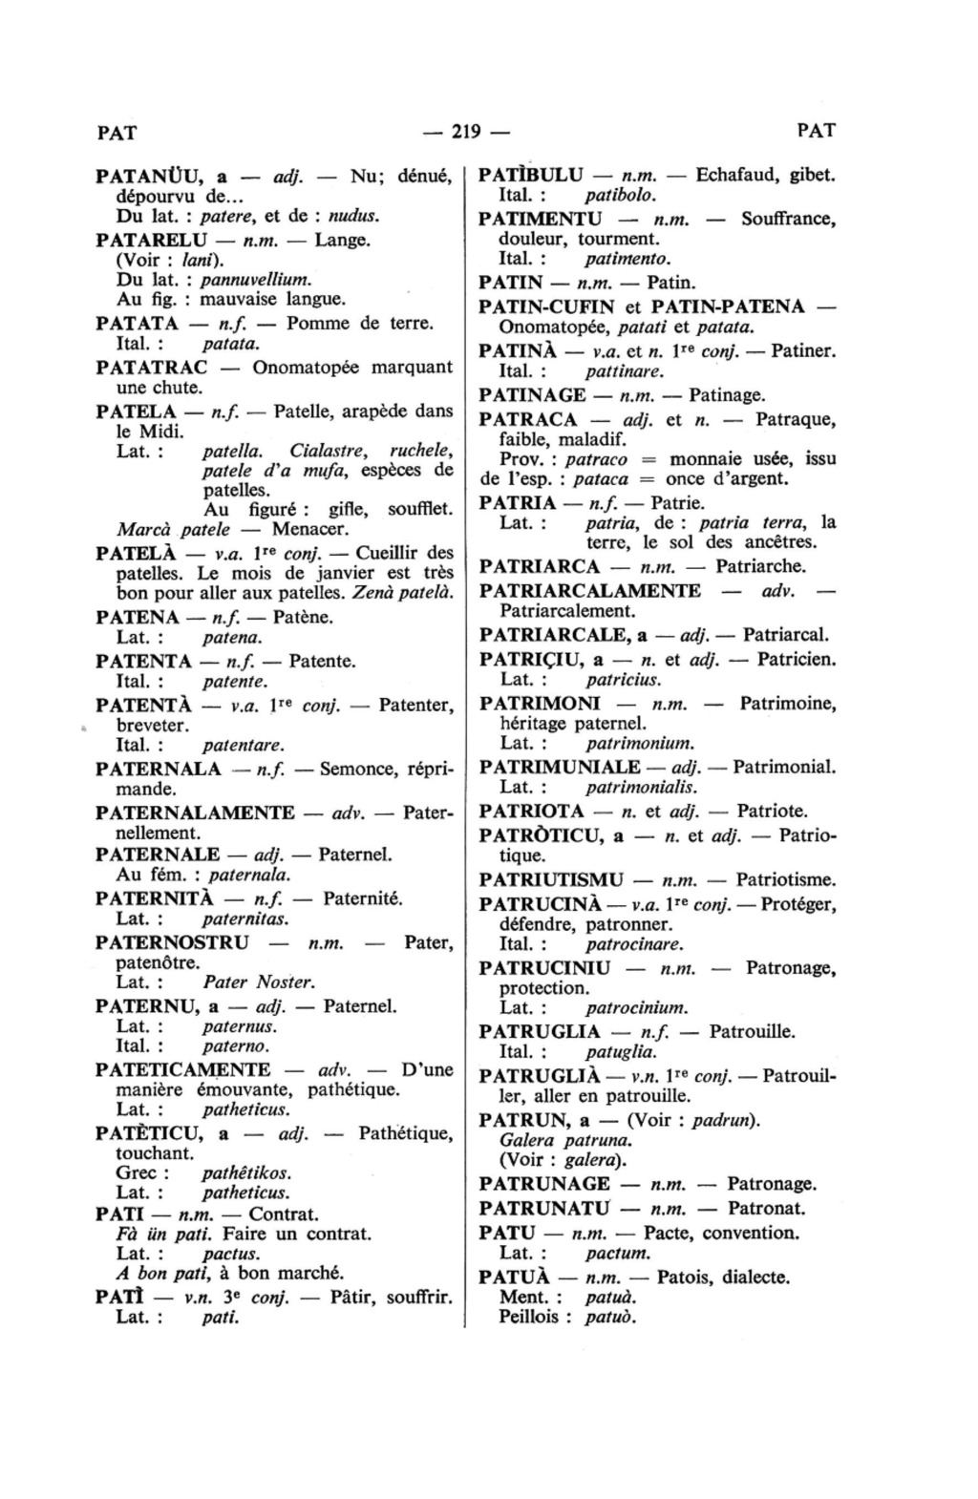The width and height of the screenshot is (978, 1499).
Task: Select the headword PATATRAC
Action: tap(152, 368)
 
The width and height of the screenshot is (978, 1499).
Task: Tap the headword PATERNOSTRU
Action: tap(173, 943)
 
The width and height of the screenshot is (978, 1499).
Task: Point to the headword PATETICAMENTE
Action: tap(183, 1070)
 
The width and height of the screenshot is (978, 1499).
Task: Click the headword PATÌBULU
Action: tap(530, 176)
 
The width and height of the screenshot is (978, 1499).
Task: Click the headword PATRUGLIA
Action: tap(540, 1032)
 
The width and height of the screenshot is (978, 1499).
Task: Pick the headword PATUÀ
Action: tap(514, 1277)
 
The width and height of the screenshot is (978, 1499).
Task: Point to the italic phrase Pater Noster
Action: tap(259, 982)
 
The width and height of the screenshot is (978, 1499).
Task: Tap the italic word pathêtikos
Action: tap(246, 1173)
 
